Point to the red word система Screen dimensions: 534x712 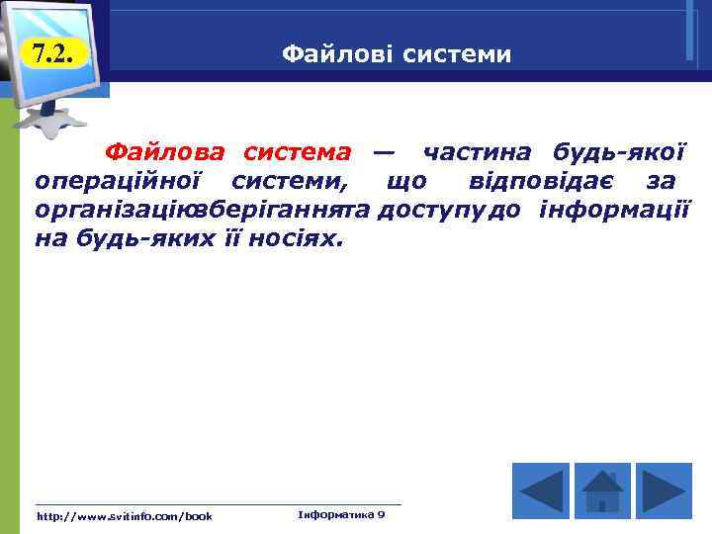coord(297,152)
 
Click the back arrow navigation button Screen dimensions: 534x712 coord(541,489)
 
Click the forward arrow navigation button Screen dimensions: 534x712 coord(663,489)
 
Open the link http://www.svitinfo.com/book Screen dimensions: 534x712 coord(124,516)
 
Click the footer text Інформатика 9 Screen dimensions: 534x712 coord(341,514)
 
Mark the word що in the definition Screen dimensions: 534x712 coord(406,181)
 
